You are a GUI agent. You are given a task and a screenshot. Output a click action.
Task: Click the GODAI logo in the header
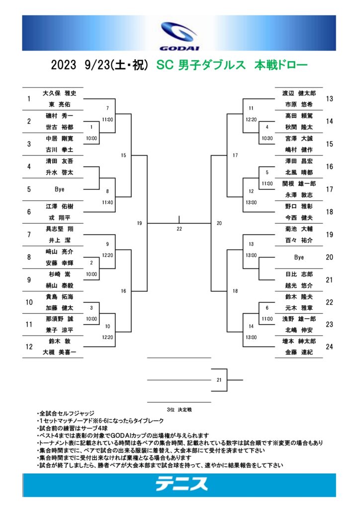pos(179,35)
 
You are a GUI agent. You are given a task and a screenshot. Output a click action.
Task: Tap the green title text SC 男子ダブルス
pos(201,65)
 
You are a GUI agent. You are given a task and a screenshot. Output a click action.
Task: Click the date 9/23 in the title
pos(97,65)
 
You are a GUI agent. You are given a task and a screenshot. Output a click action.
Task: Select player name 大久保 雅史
pos(59,93)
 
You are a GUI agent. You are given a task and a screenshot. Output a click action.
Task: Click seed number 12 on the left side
pos(29,346)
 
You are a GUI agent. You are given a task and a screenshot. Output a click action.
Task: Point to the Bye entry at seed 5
pos(59,189)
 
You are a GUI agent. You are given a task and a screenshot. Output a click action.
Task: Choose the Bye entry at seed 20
pos(299,257)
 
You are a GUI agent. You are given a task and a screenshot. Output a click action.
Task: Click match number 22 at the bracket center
pos(179,229)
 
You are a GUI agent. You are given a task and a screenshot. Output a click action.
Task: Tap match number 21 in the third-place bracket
pos(219,380)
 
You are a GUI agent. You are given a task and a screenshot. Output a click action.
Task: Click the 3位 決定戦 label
pos(179,410)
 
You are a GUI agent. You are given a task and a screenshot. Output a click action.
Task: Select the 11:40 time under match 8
pos(107,203)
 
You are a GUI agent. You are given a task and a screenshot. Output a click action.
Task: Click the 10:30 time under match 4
pos(267,138)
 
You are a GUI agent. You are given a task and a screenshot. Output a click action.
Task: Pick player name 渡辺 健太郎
pos(299,93)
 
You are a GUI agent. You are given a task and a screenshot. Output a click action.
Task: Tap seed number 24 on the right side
pos(330,346)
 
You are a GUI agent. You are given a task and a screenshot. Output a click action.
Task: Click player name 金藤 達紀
pos(299,352)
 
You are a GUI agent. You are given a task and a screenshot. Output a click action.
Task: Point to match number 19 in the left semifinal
pos(140,223)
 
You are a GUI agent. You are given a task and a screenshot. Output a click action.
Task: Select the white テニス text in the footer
pos(181,484)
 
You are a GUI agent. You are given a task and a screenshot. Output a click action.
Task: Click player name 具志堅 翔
pos(59,229)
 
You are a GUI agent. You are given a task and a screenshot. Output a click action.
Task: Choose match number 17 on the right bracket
pos(235,156)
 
